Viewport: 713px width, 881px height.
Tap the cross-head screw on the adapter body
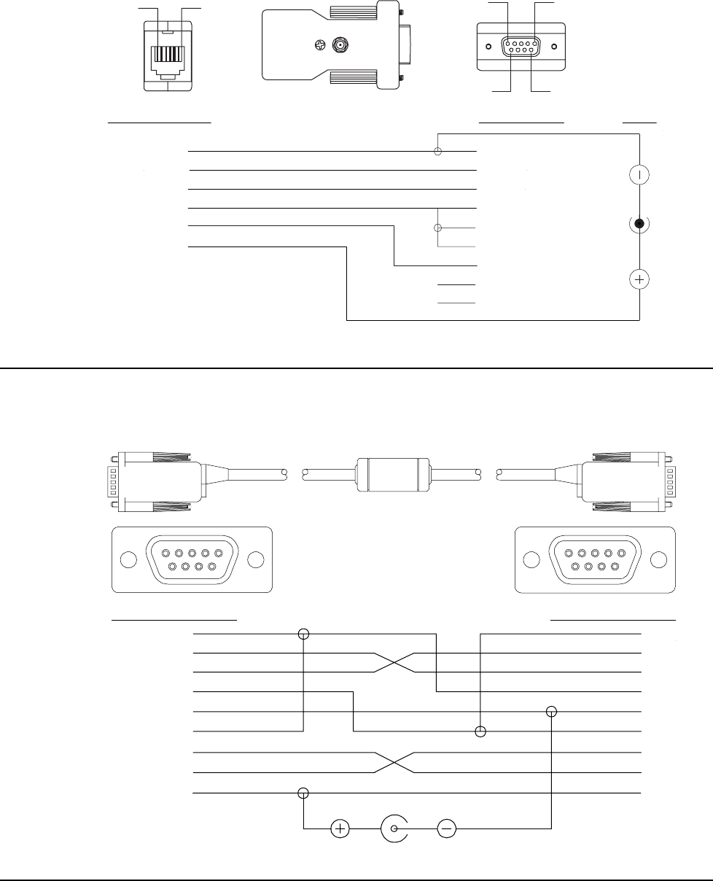pyautogui.click(x=317, y=45)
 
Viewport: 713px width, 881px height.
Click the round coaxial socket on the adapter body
pyautogui.click(x=339, y=46)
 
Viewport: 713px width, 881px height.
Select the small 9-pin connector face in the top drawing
pyautogui.click(x=521, y=47)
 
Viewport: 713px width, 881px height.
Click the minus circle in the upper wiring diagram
pyautogui.click(x=639, y=175)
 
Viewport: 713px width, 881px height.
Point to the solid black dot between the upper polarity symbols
pyautogui.click(x=639, y=224)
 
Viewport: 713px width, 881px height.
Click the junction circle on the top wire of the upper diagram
pyautogui.click(x=438, y=152)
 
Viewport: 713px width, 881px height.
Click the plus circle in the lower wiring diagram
pyautogui.click(x=340, y=828)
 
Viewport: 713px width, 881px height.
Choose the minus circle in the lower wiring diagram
pyautogui.click(x=447, y=828)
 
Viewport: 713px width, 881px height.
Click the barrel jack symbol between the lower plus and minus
pyautogui.click(x=394, y=828)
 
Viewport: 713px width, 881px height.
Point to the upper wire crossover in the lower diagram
pyautogui.click(x=394, y=662)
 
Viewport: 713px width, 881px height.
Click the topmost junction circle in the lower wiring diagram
pyautogui.click(x=303, y=634)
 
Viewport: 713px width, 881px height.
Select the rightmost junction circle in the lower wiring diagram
pyautogui.click(x=552, y=711)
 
